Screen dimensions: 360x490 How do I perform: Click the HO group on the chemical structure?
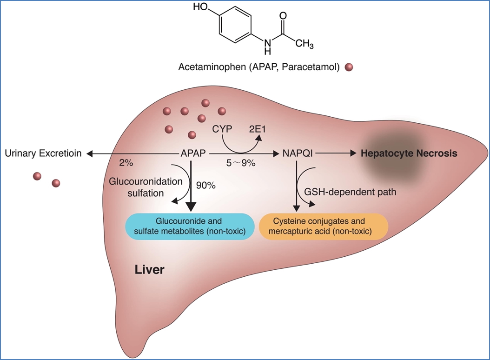201,7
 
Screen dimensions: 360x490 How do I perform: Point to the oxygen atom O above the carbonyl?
283,15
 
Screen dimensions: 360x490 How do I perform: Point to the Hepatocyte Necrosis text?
410,153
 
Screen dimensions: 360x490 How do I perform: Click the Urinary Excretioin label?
43,153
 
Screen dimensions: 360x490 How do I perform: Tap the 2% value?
126,164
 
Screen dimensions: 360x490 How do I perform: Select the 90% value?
205,185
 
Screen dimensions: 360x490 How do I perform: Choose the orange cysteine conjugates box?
323,226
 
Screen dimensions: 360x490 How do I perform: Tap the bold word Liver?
149,269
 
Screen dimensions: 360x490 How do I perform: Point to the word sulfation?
145,193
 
